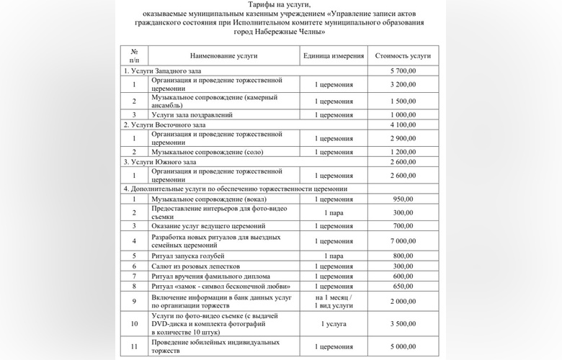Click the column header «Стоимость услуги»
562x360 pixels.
click(403, 55)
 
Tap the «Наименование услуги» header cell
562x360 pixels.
click(223, 55)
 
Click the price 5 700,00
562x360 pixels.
click(403, 71)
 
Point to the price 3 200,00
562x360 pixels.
click(403, 85)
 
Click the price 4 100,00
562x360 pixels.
click(403, 125)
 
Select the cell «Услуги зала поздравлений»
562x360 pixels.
click(191, 114)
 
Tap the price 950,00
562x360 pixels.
click(403, 198)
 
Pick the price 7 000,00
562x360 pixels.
click(403, 241)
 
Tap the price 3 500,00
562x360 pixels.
click(403, 325)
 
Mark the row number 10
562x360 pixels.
click(134, 325)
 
